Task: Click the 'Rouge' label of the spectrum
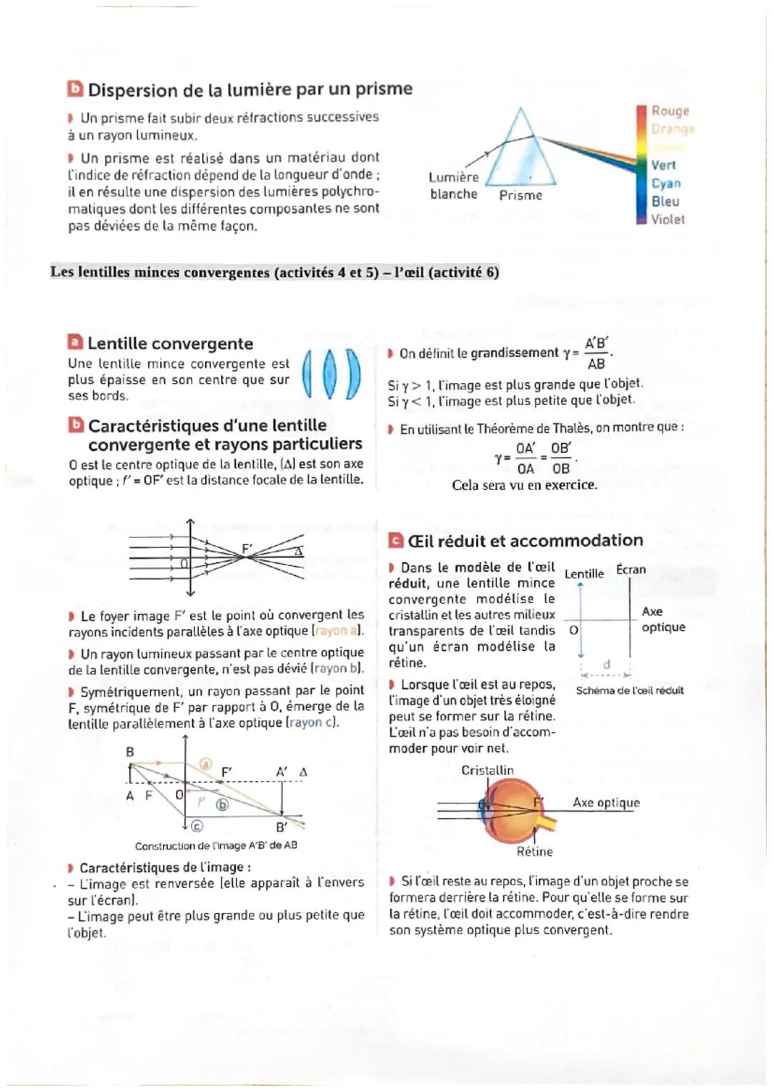point(670,111)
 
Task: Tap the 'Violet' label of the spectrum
point(668,219)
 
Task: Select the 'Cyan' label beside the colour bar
point(665,183)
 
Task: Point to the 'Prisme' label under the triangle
point(520,195)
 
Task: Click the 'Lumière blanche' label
point(454,186)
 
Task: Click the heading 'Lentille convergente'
point(170,344)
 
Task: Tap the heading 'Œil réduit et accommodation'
point(525,540)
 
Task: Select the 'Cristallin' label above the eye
point(488,770)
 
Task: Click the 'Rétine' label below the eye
point(535,852)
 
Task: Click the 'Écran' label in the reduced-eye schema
point(630,569)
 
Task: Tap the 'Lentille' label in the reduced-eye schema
point(584,574)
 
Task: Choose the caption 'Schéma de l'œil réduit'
point(630,690)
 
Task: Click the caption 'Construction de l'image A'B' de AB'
point(216,845)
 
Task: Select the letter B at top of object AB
point(130,752)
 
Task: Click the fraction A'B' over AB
point(596,353)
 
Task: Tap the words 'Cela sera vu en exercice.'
point(524,485)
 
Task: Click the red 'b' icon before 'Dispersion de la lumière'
point(75,89)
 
